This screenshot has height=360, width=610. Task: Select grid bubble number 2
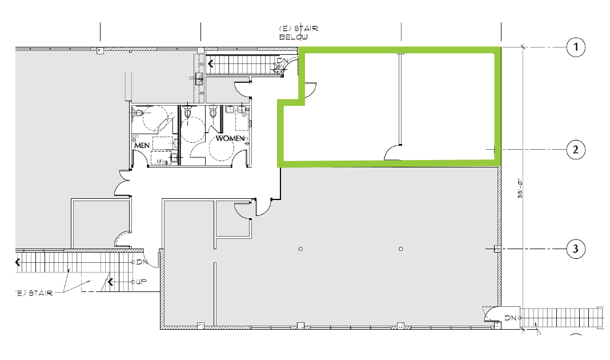[576, 150]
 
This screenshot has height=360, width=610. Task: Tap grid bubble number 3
[576, 249]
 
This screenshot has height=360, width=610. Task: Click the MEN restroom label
[142, 146]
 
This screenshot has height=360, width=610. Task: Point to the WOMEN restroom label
[229, 138]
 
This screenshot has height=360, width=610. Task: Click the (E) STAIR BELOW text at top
[298, 33]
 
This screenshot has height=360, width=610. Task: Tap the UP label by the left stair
[142, 282]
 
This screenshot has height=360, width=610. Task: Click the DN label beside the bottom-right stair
[510, 317]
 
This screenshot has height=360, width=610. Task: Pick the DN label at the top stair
[282, 61]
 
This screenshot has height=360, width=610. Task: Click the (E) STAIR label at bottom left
[34, 293]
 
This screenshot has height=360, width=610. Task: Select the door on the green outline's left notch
[309, 90]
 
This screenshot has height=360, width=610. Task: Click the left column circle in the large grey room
[300, 249]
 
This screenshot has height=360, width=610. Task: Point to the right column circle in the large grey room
[401, 249]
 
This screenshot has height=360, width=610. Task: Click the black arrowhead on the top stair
[211, 63]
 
